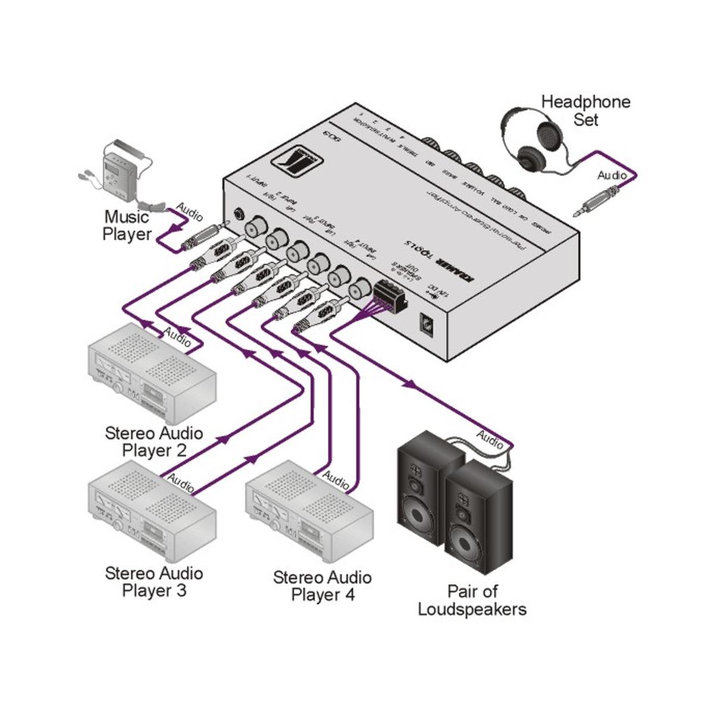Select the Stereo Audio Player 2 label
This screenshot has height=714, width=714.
point(154,441)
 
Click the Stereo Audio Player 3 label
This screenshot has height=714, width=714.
point(154,582)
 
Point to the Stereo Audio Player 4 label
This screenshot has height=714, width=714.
point(322,586)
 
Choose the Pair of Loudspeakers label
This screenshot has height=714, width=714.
point(472,600)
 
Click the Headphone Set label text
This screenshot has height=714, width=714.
point(585,111)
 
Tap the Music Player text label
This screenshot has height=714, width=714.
point(127,226)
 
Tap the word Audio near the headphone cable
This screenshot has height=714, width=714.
point(612,175)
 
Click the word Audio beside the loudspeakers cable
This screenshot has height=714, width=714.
point(490,440)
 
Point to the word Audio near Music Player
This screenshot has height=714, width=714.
point(189,212)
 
